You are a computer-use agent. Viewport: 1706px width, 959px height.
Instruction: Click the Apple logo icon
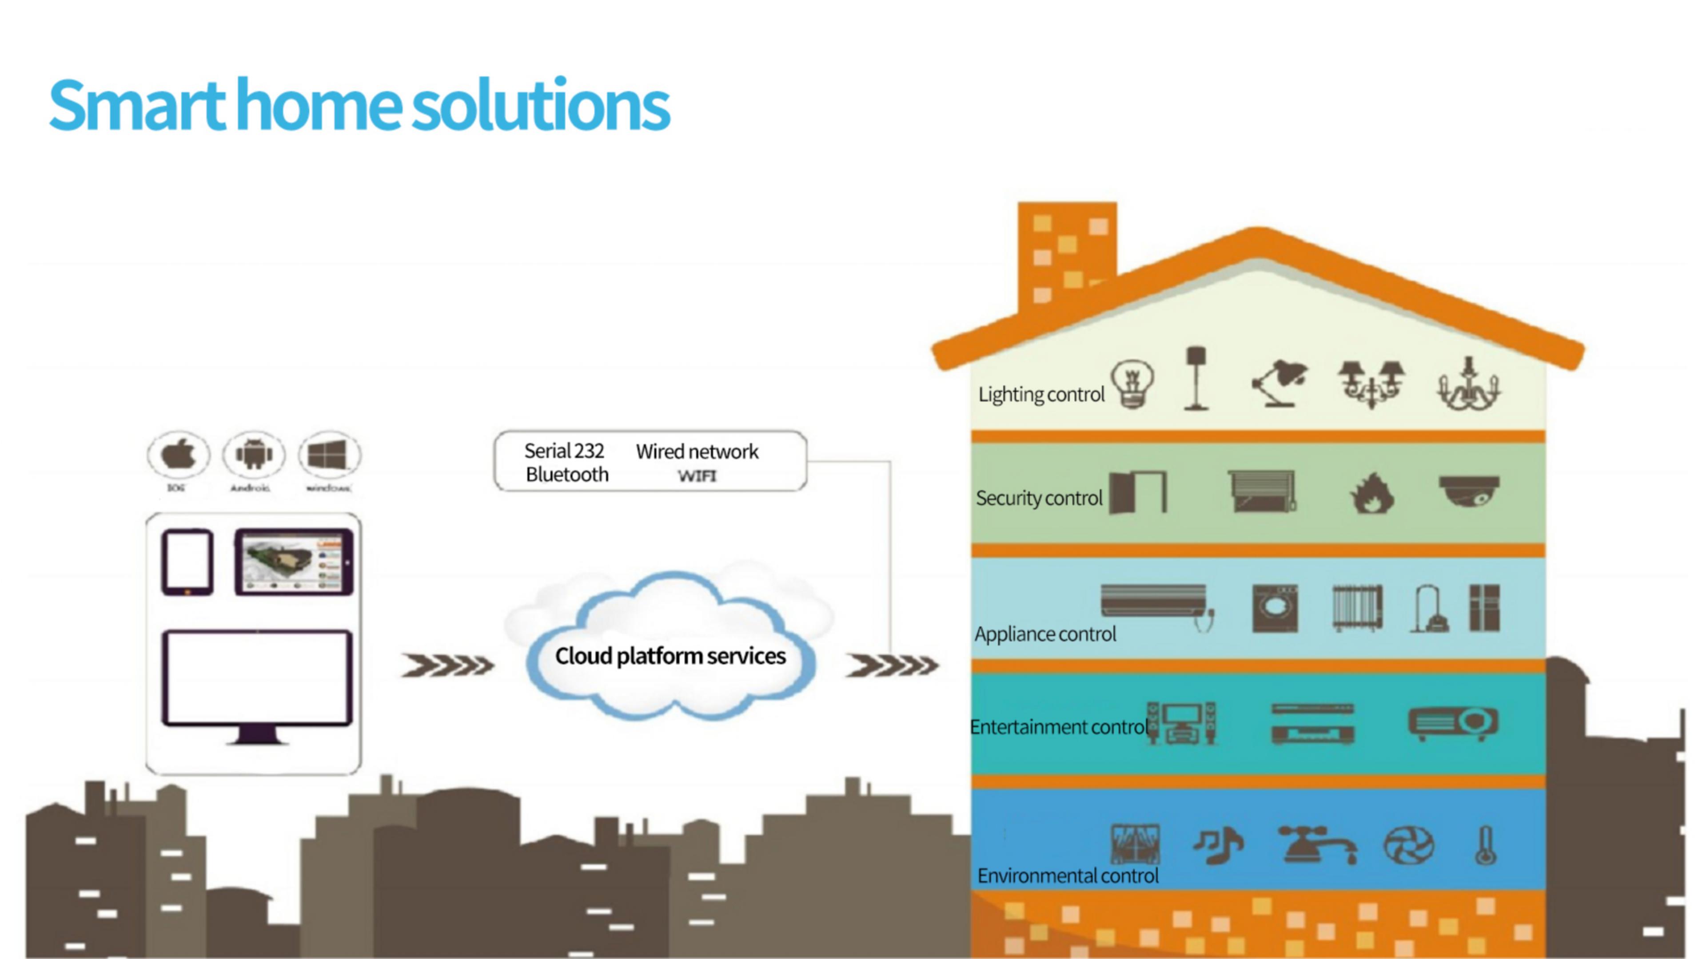pos(178,455)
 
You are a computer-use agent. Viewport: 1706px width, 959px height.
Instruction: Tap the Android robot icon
pos(254,455)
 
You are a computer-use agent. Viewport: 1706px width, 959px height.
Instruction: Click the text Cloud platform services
pos(670,656)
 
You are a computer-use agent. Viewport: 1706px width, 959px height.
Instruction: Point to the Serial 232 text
pos(564,452)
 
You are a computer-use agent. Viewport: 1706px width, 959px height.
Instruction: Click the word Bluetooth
pos(567,475)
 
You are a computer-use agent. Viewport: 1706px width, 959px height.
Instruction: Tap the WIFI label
pos(697,476)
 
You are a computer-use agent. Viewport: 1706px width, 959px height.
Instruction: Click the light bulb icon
pos(1132,384)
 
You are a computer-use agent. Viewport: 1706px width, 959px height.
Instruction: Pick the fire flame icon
pos(1371,494)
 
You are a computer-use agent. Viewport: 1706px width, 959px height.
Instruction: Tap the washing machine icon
pos(1275,609)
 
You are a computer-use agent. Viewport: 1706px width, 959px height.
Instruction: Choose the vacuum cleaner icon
pos(1429,609)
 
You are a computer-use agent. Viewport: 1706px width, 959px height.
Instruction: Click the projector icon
pos(1454,723)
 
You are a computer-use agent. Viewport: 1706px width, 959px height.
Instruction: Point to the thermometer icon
pos(1486,846)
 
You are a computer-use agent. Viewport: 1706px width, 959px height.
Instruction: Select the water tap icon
pos(1316,846)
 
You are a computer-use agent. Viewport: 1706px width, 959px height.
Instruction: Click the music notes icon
pos(1219,846)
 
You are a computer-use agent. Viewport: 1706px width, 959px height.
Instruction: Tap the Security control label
pos(1038,498)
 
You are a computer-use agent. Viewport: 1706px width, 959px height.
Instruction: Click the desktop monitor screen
pos(257,678)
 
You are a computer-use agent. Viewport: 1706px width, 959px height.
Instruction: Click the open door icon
pos(1138,492)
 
